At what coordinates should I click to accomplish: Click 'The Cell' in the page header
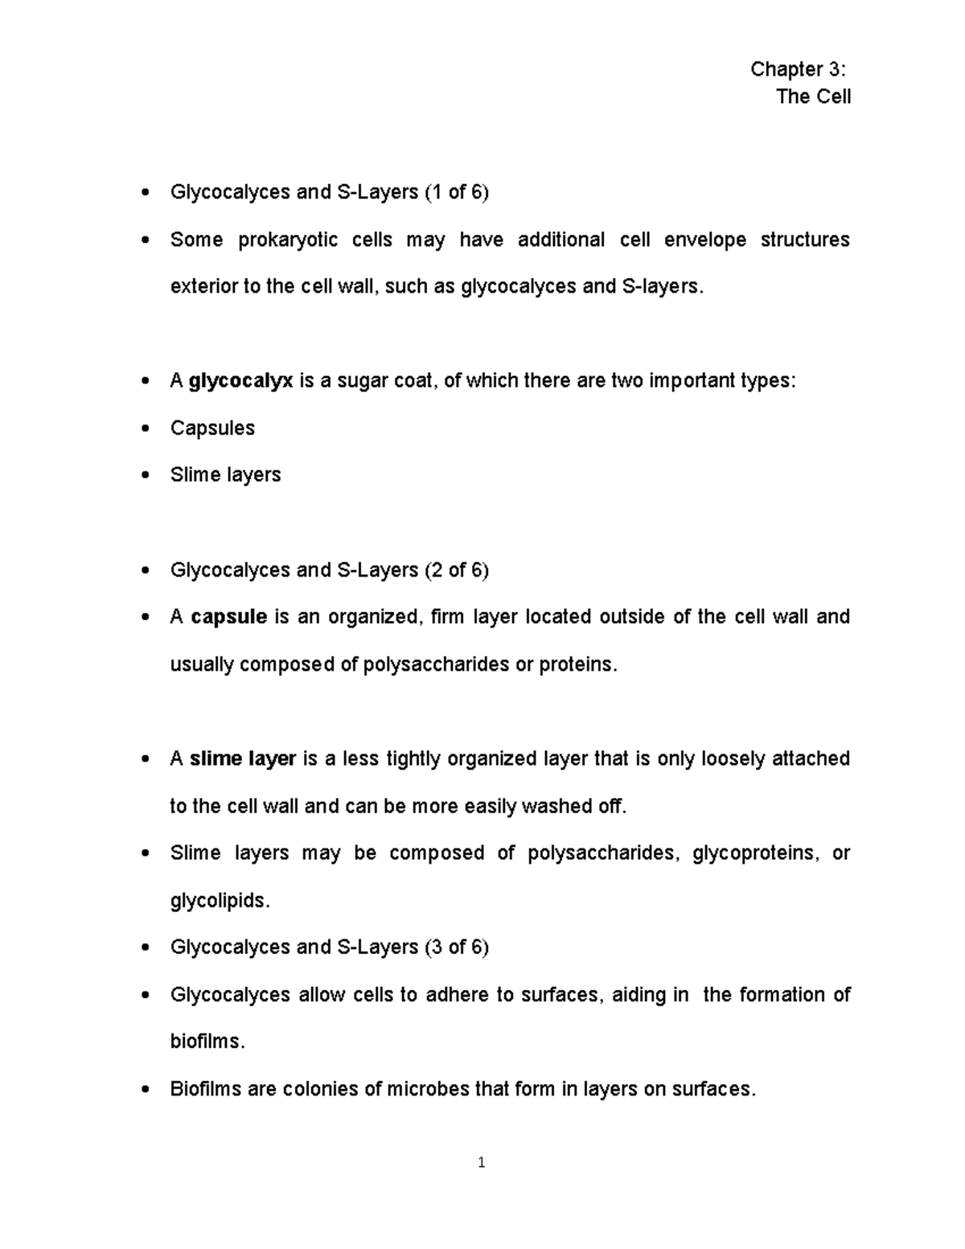[x=813, y=97]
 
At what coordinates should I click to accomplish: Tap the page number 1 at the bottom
[x=482, y=1162]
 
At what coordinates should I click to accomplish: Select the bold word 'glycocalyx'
[x=240, y=381]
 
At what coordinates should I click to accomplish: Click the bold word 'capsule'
[x=228, y=617]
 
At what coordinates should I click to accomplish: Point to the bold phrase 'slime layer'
[x=243, y=759]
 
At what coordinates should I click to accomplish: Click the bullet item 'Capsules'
[x=212, y=428]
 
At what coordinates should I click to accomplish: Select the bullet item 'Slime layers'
[x=225, y=475]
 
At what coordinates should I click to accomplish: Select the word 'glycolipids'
[x=216, y=901]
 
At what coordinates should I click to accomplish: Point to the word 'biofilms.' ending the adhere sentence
[x=207, y=1042]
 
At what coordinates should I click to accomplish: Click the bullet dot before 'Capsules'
[x=145, y=429]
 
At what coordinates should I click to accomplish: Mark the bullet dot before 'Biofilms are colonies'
[x=145, y=1091]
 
